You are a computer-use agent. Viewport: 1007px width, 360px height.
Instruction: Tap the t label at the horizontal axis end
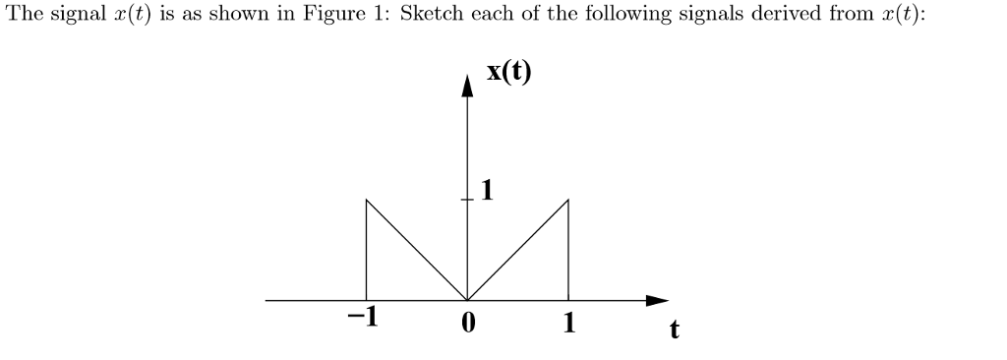click(x=674, y=330)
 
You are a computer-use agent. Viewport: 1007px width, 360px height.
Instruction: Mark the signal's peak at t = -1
click(x=366, y=200)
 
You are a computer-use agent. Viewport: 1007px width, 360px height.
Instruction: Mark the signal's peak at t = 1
click(x=568, y=200)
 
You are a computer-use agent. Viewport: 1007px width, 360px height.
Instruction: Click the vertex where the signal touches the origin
click(x=467, y=300)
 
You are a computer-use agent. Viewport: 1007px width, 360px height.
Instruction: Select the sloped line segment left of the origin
click(x=416, y=250)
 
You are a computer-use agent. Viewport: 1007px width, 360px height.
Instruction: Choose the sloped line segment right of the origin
click(x=518, y=250)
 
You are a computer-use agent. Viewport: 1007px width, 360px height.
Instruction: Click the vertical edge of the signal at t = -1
click(x=366, y=251)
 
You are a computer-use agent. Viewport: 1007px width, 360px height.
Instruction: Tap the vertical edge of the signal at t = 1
click(x=568, y=251)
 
